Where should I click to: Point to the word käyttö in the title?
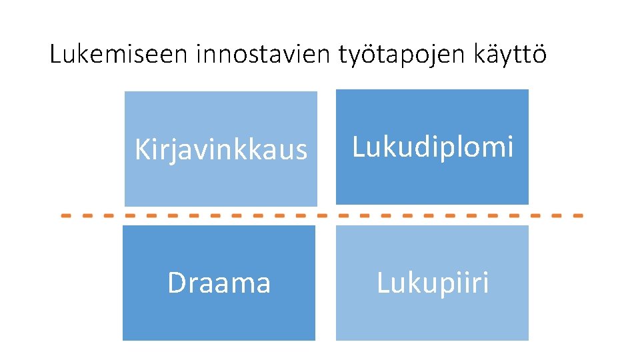(x=509, y=55)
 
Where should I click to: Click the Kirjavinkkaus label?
(x=221, y=150)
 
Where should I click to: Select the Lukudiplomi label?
(x=433, y=147)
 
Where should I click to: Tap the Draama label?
(x=219, y=283)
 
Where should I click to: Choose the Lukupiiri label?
(x=433, y=283)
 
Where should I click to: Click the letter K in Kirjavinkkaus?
(x=141, y=150)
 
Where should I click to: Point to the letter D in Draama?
(x=176, y=283)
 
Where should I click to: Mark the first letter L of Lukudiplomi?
(x=357, y=147)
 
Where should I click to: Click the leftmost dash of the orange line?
(x=67, y=216)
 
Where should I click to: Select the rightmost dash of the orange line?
(x=577, y=216)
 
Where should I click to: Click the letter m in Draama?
(x=243, y=285)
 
